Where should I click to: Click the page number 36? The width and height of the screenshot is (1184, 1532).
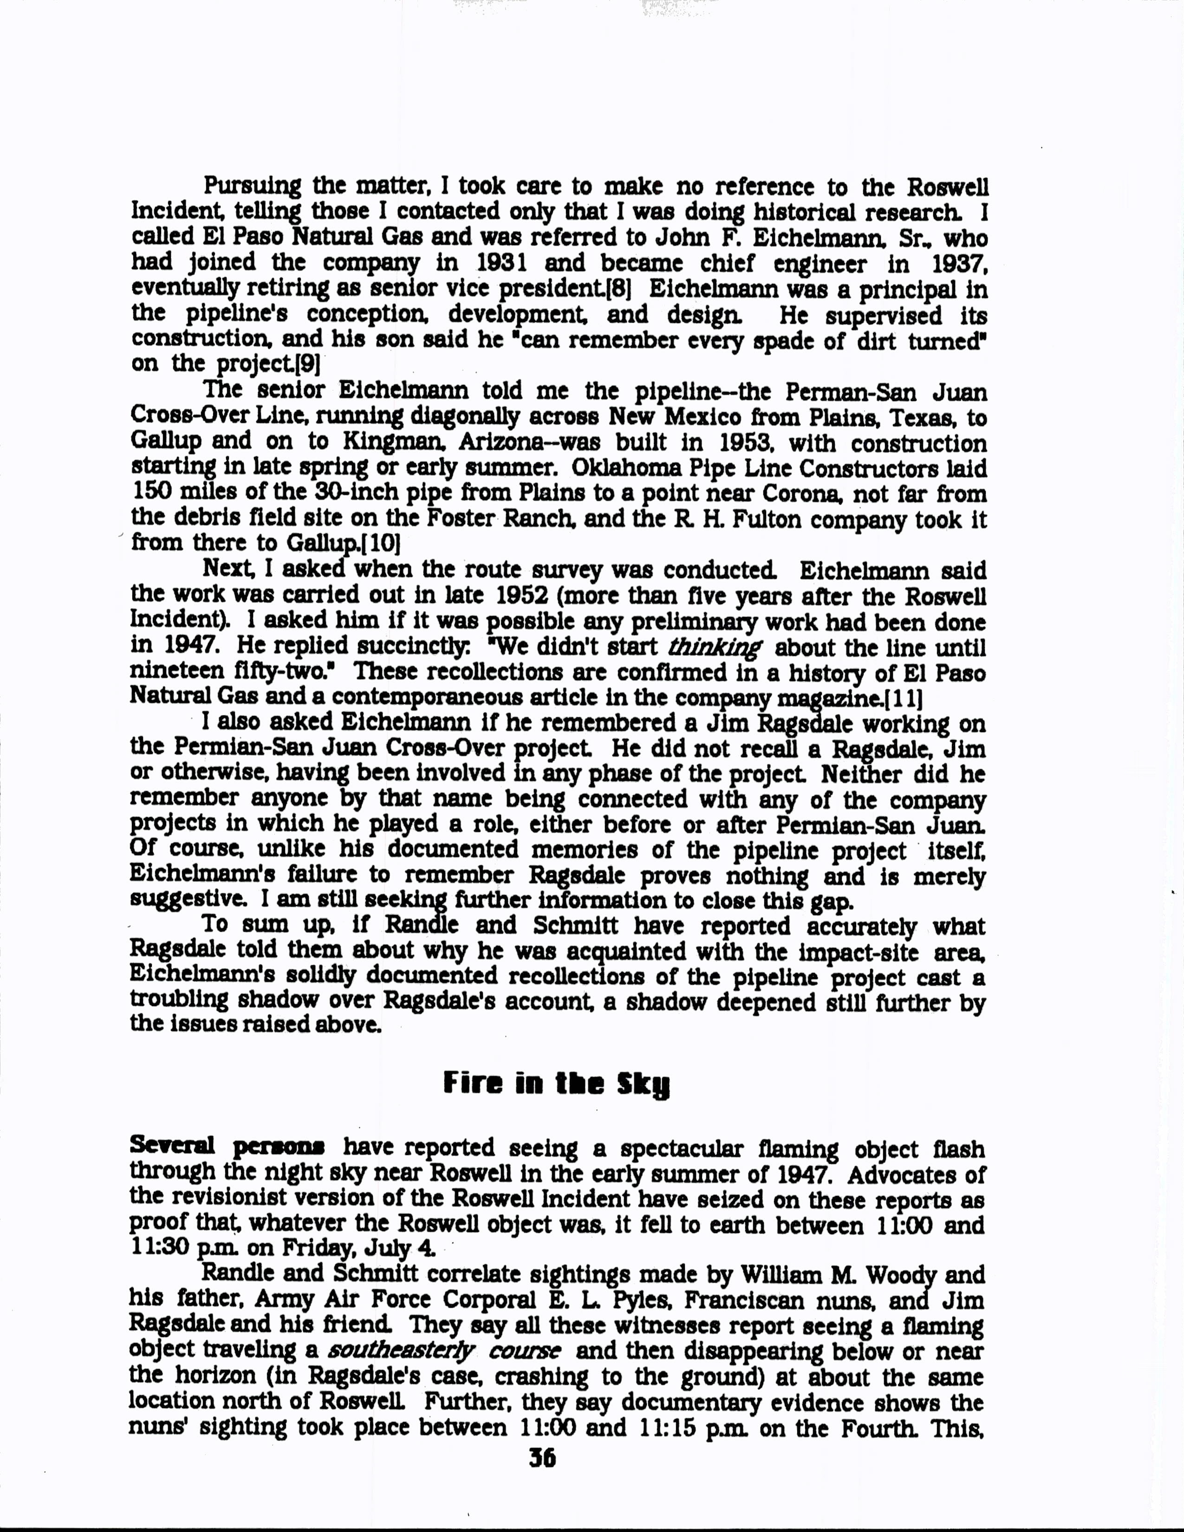pyautogui.click(x=542, y=1458)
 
